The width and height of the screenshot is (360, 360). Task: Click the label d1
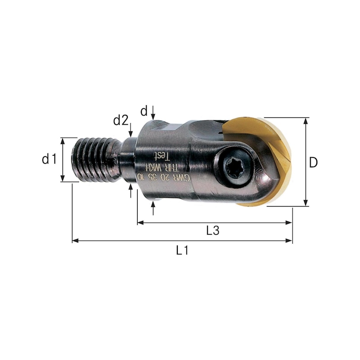point(49,159)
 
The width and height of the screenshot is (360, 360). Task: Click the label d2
point(121,120)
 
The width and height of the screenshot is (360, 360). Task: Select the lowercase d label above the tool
point(144,111)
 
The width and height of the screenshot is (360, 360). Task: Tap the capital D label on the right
point(313,162)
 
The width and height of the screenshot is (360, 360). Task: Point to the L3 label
point(212,230)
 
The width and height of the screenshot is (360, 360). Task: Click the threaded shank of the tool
point(92,159)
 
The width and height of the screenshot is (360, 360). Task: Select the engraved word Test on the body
point(161,156)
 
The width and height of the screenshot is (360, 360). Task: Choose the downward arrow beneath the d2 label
point(130,133)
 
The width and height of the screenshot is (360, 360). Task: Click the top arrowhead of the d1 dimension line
point(63,140)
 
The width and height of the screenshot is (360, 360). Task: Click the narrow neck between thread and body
point(127,160)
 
